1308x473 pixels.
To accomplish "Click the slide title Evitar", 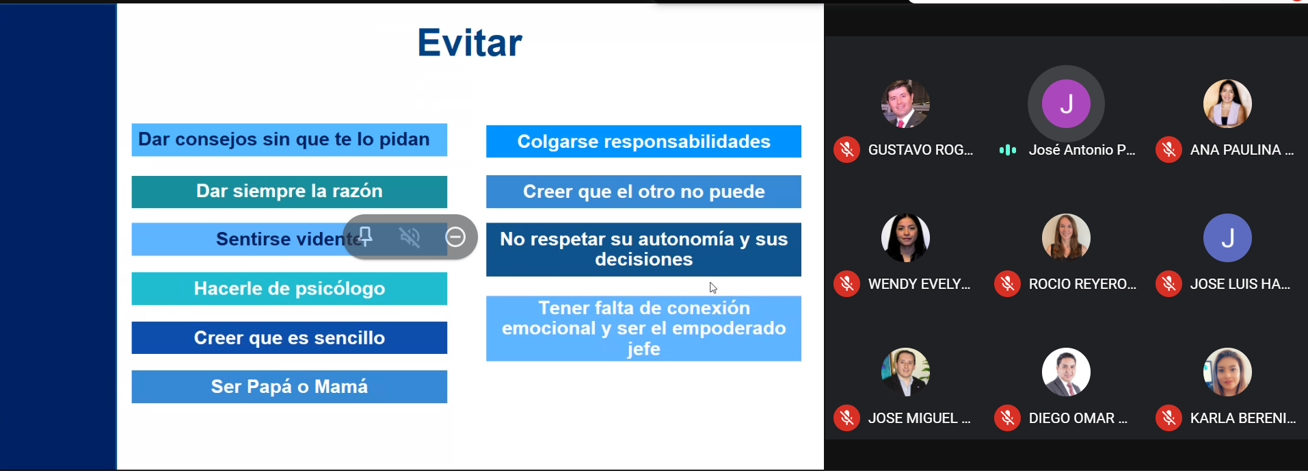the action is click(x=470, y=42).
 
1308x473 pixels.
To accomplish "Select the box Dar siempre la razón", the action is click(x=289, y=192).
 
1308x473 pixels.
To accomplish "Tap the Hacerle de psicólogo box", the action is click(x=289, y=289).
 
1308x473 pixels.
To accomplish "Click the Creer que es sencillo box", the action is click(x=289, y=338).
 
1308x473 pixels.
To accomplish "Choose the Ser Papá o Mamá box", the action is click(x=289, y=387).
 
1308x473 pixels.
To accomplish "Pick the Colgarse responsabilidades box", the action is click(x=643, y=142).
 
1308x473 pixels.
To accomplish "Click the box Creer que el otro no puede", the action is click(x=643, y=192).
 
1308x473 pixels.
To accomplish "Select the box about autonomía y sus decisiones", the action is click(x=643, y=250).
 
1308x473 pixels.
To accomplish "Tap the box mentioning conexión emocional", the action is click(x=643, y=329).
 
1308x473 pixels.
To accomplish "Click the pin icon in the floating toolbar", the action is click(x=366, y=237).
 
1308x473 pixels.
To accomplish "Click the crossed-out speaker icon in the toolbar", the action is click(x=410, y=237).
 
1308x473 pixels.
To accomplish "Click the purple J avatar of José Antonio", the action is click(x=1066, y=104).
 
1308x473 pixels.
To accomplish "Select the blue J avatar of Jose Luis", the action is click(x=1227, y=238).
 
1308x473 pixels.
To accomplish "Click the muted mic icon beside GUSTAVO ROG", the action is click(x=846, y=150).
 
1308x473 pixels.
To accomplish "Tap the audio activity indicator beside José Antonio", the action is click(x=1008, y=150).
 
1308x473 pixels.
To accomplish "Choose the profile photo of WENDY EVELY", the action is click(x=905, y=238).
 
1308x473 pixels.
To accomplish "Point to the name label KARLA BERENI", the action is click(x=1243, y=418).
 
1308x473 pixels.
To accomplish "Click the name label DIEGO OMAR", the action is click(x=1078, y=418).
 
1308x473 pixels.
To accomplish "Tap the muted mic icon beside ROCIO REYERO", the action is click(x=1007, y=284).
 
